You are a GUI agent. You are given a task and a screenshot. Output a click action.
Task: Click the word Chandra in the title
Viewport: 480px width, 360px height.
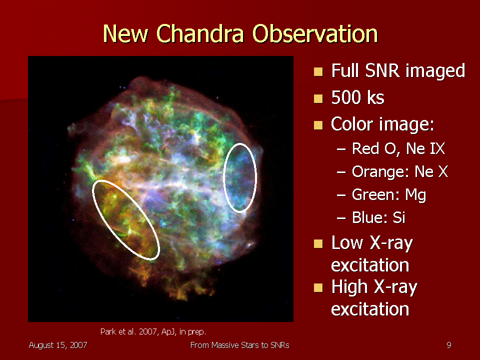click(200, 33)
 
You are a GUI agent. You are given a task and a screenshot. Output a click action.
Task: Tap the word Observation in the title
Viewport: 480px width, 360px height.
click(315, 33)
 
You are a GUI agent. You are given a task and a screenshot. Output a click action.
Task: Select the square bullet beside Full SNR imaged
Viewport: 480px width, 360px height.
click(318, 71)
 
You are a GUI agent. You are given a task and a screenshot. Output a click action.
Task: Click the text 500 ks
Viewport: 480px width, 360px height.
click(357, 97)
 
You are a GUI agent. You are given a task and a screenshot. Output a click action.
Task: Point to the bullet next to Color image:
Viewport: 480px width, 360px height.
click(318, 125)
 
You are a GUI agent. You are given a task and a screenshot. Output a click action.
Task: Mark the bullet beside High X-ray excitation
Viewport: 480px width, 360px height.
click(318, 288)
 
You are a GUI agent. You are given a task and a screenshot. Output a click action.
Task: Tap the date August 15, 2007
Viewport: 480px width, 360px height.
click(58, 345)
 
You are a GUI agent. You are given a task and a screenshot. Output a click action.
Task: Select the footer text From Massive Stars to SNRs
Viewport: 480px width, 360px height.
click(239, 345)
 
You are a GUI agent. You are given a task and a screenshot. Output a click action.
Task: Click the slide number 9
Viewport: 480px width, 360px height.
click(449, 345)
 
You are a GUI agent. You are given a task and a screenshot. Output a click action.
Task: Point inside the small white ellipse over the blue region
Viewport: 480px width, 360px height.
click(239, 177)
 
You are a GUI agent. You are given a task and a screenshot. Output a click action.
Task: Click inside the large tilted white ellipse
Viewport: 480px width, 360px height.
click(126, 220)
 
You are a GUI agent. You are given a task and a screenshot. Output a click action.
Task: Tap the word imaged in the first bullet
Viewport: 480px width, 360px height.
click(435, 71)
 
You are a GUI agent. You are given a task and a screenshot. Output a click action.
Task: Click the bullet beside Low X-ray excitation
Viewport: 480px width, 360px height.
click(318, 243)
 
